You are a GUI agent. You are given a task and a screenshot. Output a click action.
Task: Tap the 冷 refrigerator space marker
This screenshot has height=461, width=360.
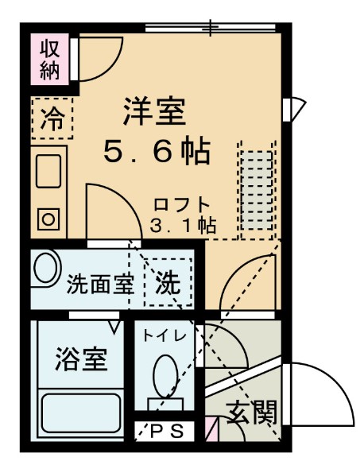tap(52, 118)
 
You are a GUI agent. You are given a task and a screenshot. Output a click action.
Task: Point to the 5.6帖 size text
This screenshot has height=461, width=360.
tap(156, 151)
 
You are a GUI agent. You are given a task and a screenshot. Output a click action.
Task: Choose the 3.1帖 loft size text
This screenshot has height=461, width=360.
tap(183, 223)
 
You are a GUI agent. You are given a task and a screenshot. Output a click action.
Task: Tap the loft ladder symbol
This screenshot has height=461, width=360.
tap(256, 190)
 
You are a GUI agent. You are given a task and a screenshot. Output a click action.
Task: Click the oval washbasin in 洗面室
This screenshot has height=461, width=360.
tap(46, 271)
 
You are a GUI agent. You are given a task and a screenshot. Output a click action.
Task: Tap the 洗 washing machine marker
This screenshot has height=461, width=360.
tap(168, 281)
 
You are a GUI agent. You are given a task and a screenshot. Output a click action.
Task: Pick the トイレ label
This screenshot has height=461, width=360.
tap(165, 335)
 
